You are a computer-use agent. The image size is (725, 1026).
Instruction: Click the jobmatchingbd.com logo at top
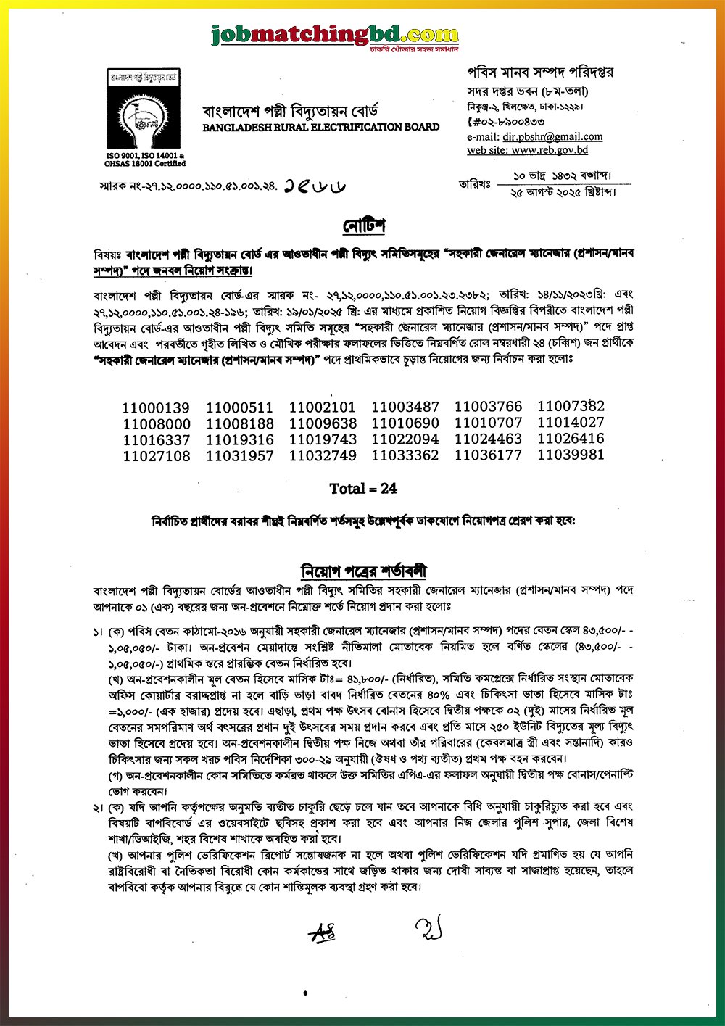coord(334,35)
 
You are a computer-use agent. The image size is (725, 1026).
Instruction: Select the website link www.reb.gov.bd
coord(549,150)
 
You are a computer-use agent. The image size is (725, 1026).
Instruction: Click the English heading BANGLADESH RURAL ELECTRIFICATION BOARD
coord(320,127)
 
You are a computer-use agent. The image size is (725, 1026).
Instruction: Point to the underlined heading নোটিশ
coord(364,226)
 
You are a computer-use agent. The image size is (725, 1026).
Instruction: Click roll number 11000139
coord(156,408)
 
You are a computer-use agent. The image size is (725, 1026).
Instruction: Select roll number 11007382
coord(571,406)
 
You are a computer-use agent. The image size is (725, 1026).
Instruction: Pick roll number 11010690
coord(405,423)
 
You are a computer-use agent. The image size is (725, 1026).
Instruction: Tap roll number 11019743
coord(323,439)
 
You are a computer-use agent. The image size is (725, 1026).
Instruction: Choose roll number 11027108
coord(157,456)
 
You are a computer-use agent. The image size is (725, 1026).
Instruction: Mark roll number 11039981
coord(571,455)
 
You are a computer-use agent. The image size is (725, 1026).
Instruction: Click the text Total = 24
coord(363,489)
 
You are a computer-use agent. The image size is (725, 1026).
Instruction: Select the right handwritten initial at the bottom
coord(429,928)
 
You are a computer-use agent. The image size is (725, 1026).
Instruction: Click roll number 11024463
coord(488,439)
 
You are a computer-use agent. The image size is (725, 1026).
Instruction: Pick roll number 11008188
coord(239,424)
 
